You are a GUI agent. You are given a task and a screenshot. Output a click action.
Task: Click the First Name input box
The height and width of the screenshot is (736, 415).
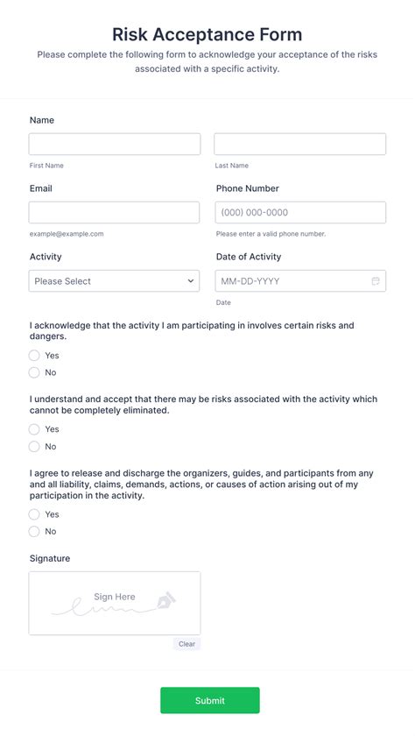point(114,145)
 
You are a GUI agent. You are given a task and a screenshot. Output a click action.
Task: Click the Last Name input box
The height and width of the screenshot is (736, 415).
point(299,145)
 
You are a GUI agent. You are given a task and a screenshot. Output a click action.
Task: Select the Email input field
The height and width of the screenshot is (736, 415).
point(114,213)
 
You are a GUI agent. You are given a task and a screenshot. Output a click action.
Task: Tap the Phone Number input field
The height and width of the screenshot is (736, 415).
point(299,213)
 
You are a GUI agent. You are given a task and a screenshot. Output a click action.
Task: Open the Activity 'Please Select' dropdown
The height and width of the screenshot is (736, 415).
point(114,281)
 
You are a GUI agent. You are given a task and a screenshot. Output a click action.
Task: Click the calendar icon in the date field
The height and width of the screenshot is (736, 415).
point(376,281)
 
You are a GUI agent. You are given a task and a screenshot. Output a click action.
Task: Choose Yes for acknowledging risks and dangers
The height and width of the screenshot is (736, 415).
point(34,356)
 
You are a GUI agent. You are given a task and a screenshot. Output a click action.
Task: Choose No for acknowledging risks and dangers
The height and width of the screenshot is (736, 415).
point(34,372)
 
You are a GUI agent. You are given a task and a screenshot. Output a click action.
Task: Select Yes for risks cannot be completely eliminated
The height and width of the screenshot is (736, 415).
point(34,429)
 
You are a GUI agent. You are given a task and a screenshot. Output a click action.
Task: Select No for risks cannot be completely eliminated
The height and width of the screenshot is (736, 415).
point(34,447)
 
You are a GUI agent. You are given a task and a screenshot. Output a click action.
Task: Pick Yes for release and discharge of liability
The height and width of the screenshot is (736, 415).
point(34,514)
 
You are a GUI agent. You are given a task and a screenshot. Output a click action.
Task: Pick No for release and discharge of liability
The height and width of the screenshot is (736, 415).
point(34,532)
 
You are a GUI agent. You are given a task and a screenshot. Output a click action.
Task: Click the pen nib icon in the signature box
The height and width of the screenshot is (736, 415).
point(165,602)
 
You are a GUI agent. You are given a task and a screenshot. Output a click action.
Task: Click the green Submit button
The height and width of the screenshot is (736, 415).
point(209,701)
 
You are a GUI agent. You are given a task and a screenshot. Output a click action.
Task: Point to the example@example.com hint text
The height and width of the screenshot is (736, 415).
point(67,234)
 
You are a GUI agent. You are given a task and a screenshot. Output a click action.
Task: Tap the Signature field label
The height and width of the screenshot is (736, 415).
point(50,559)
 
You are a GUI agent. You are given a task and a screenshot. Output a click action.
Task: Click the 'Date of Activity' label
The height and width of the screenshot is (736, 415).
point(249,257)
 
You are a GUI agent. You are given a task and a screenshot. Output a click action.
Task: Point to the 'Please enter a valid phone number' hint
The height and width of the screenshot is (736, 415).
point(271,234)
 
